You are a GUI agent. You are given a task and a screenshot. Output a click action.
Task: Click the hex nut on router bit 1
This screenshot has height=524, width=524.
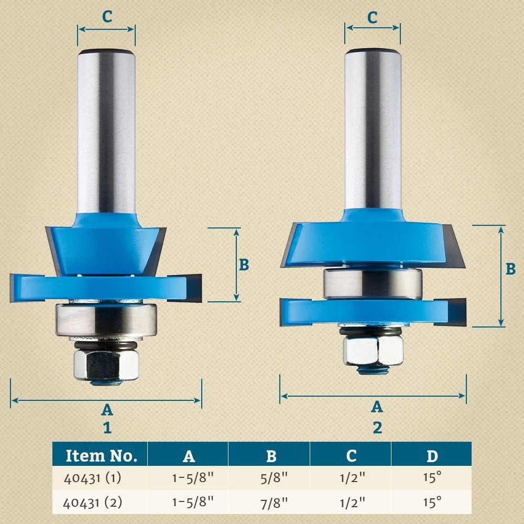tap(105, 365)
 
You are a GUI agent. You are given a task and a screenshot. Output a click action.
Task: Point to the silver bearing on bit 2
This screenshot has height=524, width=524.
tap(373, 283)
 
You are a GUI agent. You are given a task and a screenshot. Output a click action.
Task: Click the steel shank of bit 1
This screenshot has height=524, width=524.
tap(106, 131)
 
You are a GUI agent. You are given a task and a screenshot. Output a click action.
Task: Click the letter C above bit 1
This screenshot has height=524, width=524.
tap(106, 17)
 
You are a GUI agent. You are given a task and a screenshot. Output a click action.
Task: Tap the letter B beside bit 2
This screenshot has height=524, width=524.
tap(510, 269)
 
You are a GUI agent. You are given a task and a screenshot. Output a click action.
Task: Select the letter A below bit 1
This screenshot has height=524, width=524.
tap(106, 409)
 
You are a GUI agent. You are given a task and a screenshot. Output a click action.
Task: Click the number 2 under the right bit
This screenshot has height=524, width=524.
tap(377, 428)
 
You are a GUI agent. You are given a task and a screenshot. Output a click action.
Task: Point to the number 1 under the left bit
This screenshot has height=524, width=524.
tap(107, 428)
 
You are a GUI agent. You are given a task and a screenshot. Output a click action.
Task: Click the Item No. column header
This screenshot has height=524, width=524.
tap(101, 455)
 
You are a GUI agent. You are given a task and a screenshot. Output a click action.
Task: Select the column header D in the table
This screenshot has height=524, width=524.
tap(431, 455)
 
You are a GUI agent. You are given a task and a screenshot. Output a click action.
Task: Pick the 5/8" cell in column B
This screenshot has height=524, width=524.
tap(271, 478)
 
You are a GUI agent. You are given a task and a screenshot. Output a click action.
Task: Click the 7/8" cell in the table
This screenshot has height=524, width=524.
tap(271, 503)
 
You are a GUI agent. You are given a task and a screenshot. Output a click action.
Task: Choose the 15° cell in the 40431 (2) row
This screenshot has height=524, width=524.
tap(431, 503)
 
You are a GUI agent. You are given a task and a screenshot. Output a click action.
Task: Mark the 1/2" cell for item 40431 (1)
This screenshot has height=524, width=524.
tap(351, 478)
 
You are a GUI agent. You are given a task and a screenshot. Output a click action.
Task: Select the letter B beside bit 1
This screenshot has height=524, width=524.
tap(244, 265)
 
